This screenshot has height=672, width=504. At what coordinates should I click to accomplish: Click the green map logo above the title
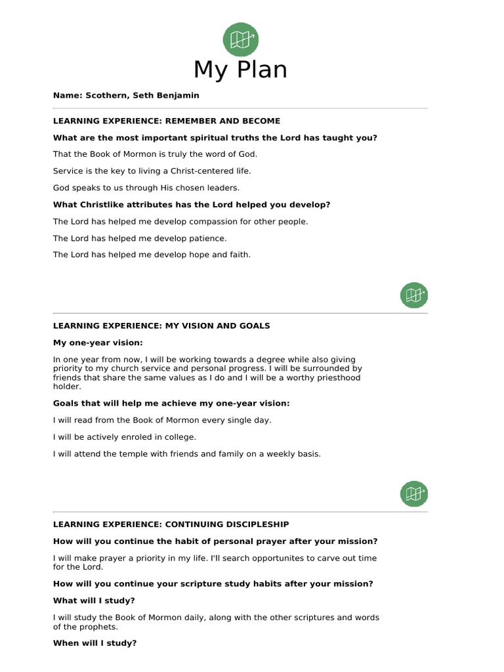240,39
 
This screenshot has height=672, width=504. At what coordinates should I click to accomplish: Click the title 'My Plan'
240,70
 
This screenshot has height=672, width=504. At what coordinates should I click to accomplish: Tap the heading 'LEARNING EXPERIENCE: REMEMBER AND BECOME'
167,121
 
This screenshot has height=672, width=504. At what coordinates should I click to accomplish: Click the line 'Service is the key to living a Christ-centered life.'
152,171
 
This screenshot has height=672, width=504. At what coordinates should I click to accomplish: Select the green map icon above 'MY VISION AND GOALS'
413,295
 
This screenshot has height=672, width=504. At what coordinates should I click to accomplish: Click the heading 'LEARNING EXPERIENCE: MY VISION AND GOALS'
161,325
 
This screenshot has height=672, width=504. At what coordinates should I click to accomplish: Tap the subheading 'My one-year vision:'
98,343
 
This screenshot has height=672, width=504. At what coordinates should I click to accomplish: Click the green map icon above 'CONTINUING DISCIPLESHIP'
413,493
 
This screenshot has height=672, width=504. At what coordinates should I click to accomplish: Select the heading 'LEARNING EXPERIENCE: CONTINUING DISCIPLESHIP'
171,524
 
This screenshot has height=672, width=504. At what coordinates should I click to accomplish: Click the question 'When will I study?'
95,643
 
